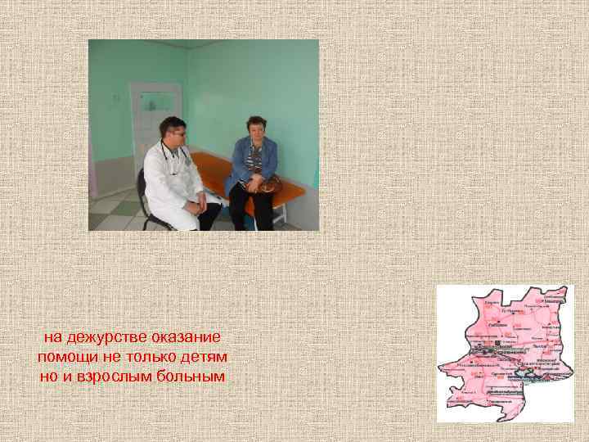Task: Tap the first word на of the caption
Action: coord(52,337)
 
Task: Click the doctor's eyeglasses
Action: coord(176,131)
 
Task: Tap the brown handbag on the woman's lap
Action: coord(268,183)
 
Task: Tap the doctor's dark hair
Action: coord(171,123)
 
